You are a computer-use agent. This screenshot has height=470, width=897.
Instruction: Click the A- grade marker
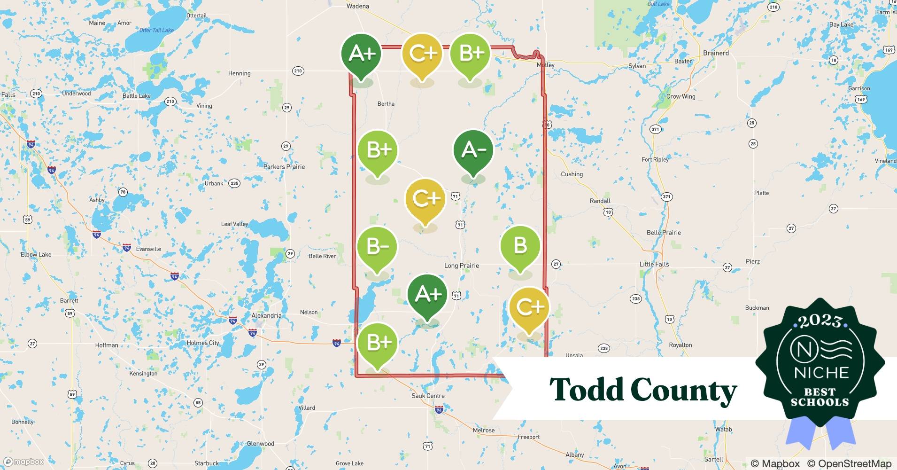click(473, 150)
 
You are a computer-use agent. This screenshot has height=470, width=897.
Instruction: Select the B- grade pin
click(377, 247)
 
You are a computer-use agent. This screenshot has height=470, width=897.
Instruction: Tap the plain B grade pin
click(520, 246)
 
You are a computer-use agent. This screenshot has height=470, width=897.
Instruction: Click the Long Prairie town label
click(462, 266)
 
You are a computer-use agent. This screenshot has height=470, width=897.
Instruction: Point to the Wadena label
click(358, 6)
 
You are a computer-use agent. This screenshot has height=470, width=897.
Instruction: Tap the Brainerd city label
click(716, 53)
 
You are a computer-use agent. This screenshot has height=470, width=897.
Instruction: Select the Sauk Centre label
click(428, 396)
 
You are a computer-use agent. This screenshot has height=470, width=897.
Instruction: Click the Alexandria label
click(266, 315)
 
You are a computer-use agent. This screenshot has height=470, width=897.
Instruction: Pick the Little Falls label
click(654, 264)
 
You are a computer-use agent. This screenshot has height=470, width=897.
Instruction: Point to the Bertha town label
click(386, 103)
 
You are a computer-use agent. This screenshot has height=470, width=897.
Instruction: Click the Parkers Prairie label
click(284, 166)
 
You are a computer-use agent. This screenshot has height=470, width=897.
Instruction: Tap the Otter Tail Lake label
click(156, 30)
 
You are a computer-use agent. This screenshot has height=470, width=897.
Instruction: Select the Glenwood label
click(261, 443)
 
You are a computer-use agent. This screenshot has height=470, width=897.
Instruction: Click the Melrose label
click(484, 430)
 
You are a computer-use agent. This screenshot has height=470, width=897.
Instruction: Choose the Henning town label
click(239, 73)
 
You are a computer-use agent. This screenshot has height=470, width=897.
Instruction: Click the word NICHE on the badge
click(821, 373)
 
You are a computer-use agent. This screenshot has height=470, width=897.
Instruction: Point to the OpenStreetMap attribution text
click(849, 463)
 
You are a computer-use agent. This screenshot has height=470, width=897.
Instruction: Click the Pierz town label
click(753, 261)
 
